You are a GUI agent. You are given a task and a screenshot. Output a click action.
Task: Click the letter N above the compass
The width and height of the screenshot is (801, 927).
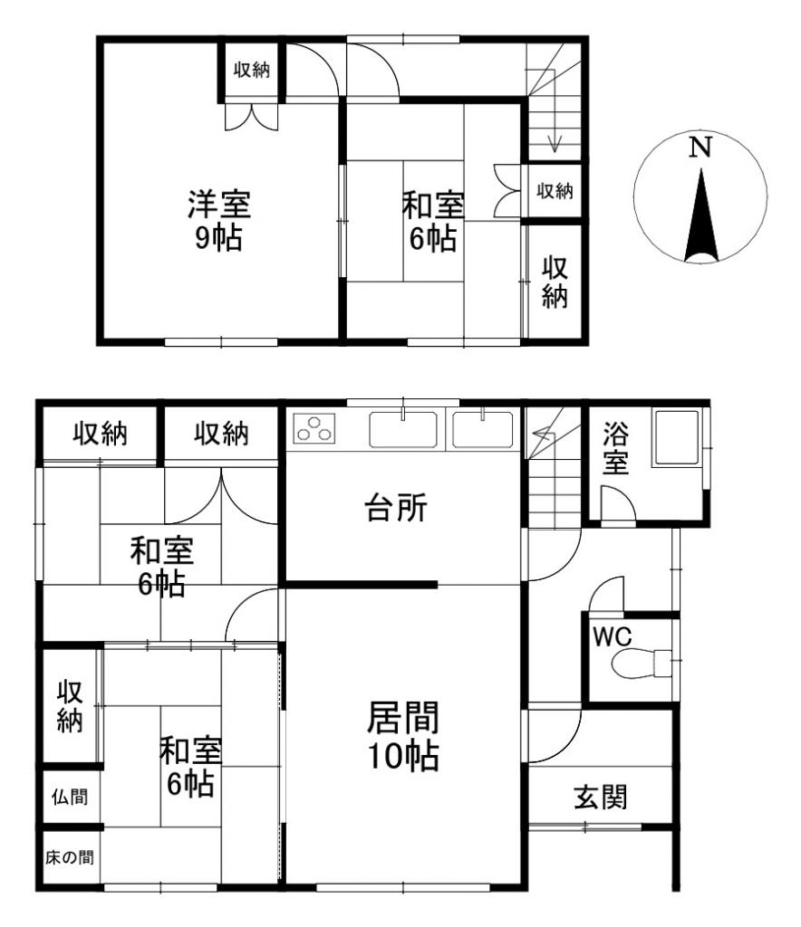tap(698, 148)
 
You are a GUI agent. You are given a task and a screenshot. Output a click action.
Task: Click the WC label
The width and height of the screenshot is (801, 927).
tap(612, 636)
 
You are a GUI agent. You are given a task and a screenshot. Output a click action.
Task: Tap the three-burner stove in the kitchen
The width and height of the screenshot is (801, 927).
tap(314, 428)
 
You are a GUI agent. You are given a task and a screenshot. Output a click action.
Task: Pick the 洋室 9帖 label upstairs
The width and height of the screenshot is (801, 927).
tap(218, 220)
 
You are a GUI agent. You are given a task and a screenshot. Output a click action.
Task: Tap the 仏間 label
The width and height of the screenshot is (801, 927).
tap(70, 797)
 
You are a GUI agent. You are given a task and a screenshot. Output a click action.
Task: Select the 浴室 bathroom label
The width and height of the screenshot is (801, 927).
tap(616, 449)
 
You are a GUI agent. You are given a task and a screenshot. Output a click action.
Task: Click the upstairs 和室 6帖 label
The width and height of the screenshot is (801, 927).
tap(432, 224)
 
